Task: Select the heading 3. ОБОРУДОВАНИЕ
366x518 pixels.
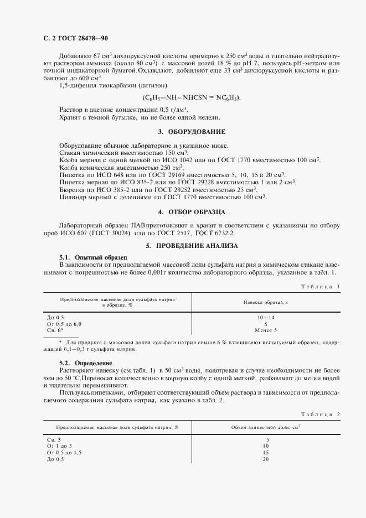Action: (x=192, y=132)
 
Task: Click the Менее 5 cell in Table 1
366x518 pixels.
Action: (x=266, y=330)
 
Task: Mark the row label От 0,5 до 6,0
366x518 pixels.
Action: (x=65, y=323)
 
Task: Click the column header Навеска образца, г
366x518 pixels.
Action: (x=266, y=302)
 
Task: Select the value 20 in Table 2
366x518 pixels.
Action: (x=266, y=459)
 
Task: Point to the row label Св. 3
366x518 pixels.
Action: (x=55, y=438)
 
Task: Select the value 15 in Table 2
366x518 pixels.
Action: (x=266, y=452)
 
